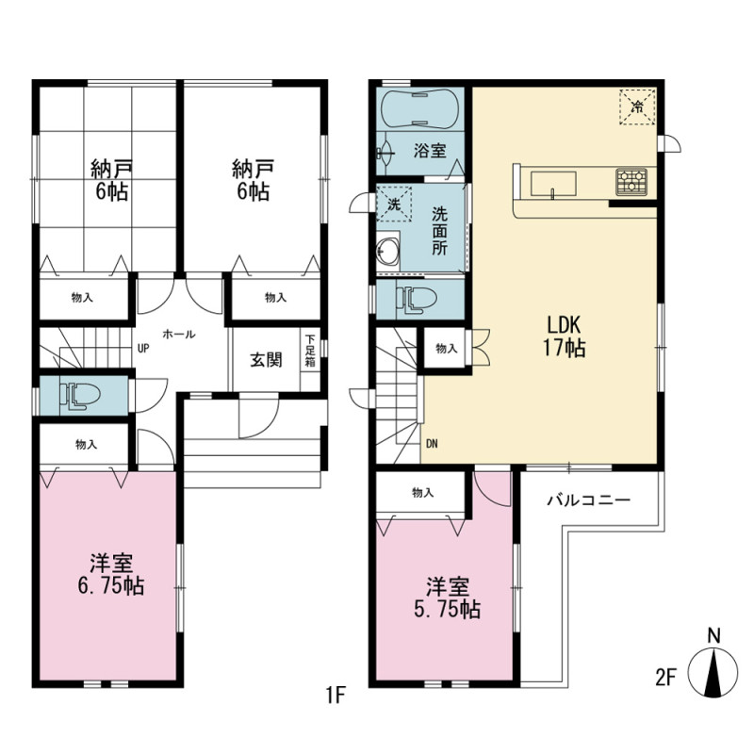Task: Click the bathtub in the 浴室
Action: (417, 109)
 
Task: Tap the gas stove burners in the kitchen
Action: (631, 182)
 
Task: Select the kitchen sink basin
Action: (553, 184)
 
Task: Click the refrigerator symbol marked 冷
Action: (637, 107)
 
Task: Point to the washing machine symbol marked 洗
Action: (394, 204)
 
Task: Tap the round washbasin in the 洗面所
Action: (388, 251)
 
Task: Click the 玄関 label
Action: (266, 360)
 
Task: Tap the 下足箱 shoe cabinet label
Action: (310, 350)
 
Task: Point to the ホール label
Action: (179, 334)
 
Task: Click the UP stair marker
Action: (143, 348)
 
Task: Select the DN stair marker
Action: (432, 444)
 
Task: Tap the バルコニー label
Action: (588, 500)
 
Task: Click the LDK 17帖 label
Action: (564, 336)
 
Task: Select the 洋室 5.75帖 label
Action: (447, 598)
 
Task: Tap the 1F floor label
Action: (336, 695)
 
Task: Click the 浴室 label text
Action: (430, 151)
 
